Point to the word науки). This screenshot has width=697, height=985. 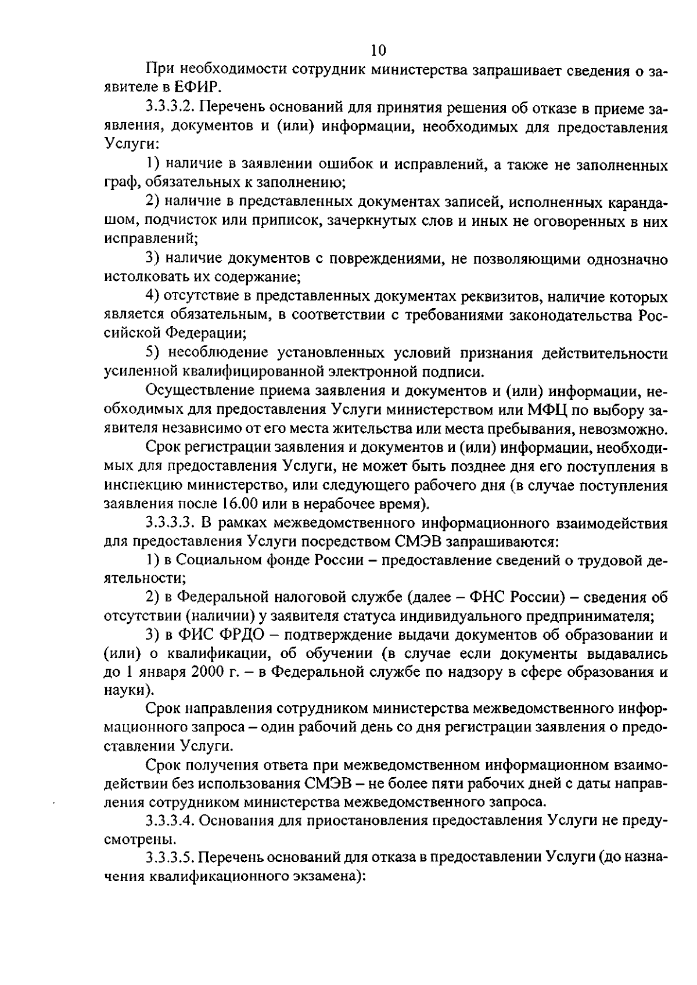(129, 691)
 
